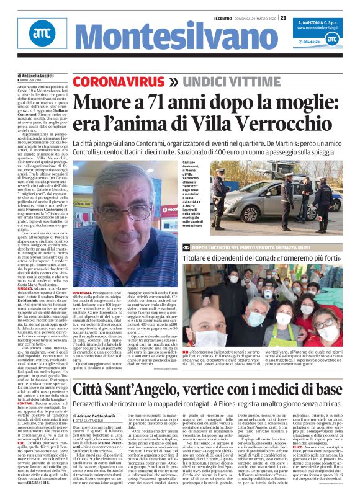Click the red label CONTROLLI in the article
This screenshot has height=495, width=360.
[x=83, y=292]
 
